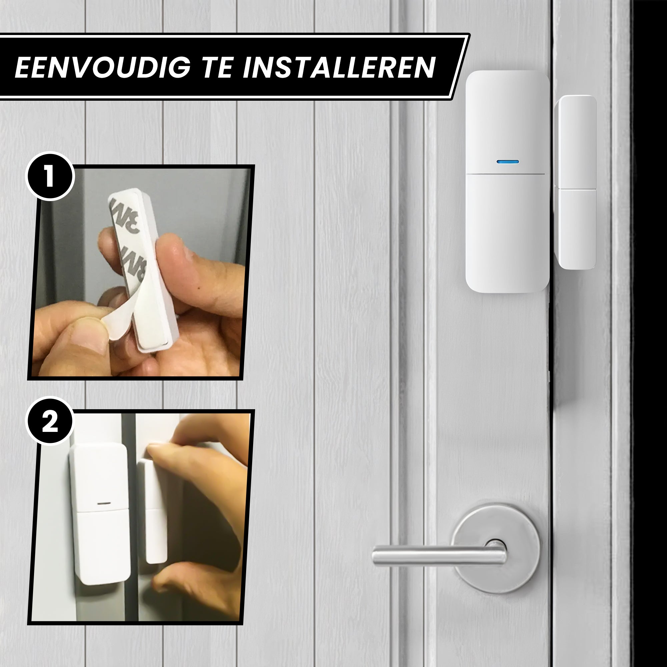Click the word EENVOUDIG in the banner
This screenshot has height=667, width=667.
pos(102,67)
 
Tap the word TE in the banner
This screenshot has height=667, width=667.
pos(217,67)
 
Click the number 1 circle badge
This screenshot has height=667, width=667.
pos(50,176)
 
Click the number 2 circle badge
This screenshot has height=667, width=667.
pos(50,422)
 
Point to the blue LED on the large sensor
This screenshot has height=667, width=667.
pos(508,161)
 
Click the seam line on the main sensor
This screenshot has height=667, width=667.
pos(506,174)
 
